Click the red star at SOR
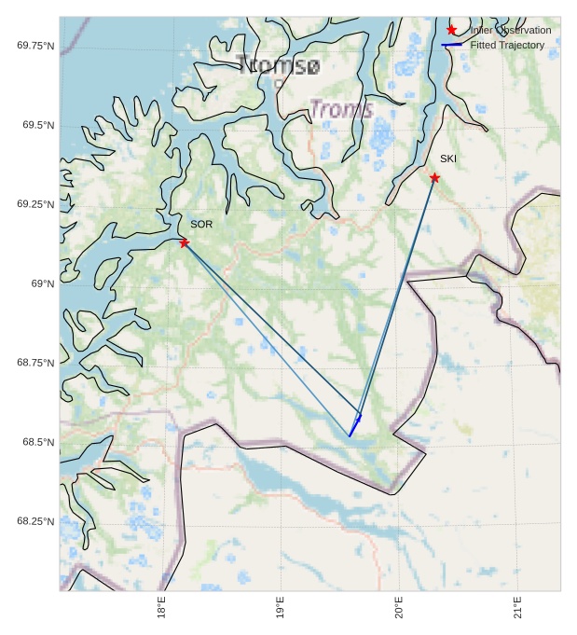[x=184, y=242]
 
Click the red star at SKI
[x=434, y=177]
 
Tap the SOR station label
[x=201, y=225]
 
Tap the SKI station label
[x=448, y=159]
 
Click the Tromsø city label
[x=278, y=65]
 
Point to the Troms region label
[x=341, y=109]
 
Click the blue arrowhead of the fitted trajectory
[x=359, y=418]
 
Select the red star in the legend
[x=451, y=30]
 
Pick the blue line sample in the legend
[x=451, y=45]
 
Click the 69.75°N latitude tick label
[x=35, y=46]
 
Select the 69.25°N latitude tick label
[x=35, y=204]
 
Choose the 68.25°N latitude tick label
[x=35, y=521]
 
